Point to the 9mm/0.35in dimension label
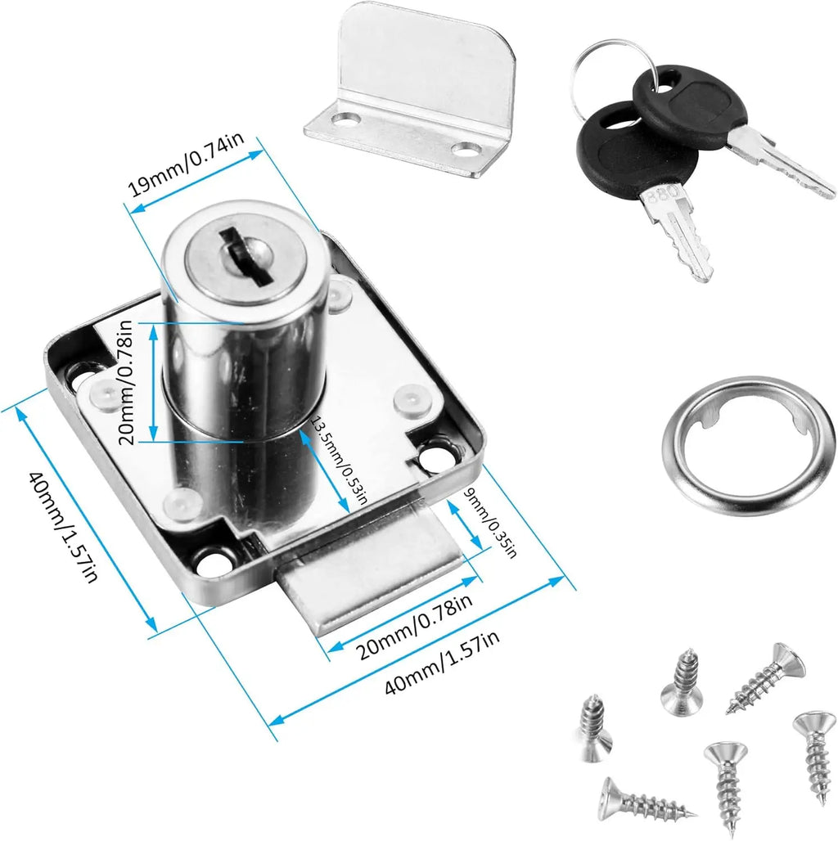click(x=489, y=524)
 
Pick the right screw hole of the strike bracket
click(x=467, y=149)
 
